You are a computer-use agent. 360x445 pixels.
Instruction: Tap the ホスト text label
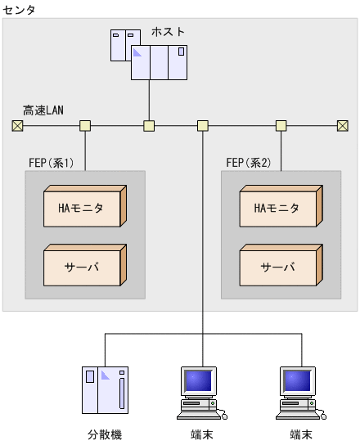168,32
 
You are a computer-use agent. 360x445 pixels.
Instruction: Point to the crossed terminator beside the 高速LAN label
16,125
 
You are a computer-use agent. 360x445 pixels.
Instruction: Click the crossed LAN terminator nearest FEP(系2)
343,125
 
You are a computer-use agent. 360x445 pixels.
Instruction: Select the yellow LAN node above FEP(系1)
84,125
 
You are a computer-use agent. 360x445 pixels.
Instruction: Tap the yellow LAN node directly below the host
149,125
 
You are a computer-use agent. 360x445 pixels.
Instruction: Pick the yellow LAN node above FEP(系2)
281,125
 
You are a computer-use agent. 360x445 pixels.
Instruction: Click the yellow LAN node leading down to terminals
203,125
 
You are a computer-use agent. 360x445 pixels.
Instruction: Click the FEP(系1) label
52,162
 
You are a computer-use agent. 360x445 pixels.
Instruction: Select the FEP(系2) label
248,162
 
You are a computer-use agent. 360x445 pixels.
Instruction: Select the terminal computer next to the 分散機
200,390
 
